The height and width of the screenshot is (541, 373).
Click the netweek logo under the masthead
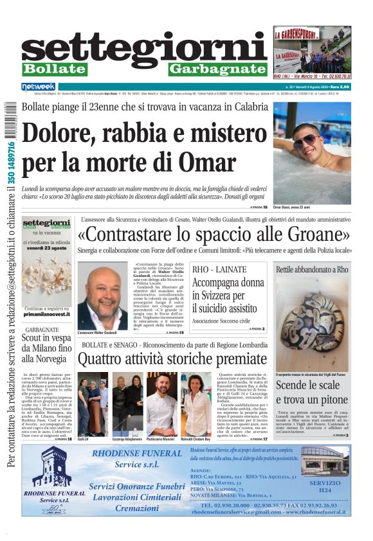39,87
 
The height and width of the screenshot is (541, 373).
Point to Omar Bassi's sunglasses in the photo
306,140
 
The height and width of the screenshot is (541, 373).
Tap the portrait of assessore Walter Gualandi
102,297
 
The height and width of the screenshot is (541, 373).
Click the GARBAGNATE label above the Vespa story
41,328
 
